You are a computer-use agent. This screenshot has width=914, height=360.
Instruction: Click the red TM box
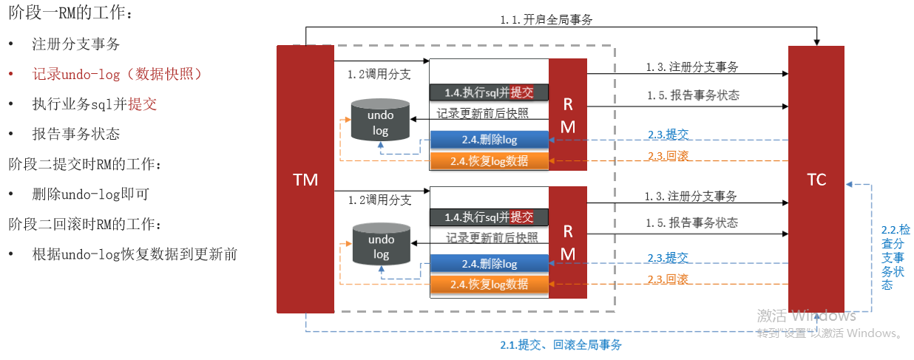[305, 179]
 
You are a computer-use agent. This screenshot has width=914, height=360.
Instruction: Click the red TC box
[816, 180]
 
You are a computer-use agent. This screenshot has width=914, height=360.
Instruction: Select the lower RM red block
[567, 241]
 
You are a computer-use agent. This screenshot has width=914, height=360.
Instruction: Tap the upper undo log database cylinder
[380, 120]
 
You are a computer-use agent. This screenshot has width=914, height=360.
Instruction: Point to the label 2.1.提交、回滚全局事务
[561, 345]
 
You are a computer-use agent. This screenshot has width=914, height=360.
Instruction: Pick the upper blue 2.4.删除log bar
[489, 140]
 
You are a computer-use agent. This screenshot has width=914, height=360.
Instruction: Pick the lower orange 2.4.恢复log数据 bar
[489, 284]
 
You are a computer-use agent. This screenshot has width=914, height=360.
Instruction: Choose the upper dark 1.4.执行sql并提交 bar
[489, 92]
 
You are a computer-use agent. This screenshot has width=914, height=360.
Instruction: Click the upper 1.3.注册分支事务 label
[692, 67]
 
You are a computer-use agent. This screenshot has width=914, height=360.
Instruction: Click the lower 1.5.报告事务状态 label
[691, 223]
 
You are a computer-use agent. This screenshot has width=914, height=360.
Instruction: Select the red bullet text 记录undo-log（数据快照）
[117, 74]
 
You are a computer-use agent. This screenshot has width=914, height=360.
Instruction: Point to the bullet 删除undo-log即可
[90, 194]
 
